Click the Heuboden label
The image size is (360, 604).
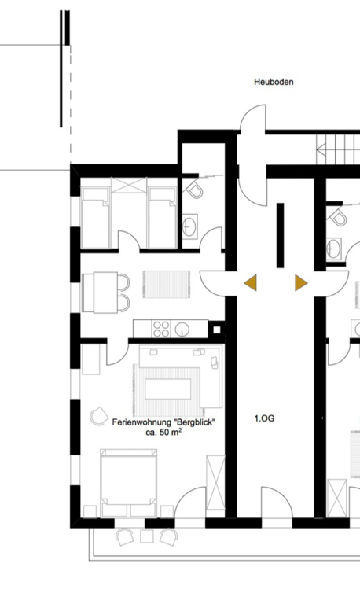tap(274, 82)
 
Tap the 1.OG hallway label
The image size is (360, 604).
tap(265, 418)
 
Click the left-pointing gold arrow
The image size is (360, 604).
tap(251, 283)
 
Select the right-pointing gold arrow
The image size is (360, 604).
tap(301, 283)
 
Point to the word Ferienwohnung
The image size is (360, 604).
tap(141, 422)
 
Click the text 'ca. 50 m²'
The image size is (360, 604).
tap(163, 433)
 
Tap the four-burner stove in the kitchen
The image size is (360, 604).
tap(161, 329)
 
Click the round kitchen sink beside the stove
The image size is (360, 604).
tap(182, 330)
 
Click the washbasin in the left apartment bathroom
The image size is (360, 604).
tap(189, 226)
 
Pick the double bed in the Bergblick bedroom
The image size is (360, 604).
tap(129, 483)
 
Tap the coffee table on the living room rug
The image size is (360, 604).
tap(168, 389)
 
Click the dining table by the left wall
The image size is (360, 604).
tap(100, 293)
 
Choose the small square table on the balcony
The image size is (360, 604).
tap(147, 536)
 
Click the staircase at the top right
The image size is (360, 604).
tap(338, 149)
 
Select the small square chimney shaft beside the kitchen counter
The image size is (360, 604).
tap(217, 330)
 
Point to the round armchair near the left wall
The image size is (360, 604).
tap(99, 416)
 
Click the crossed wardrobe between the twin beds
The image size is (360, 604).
tap(129, 186)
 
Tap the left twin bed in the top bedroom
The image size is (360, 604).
tap(95, 218)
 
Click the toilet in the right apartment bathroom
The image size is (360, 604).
tap(337, 217)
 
